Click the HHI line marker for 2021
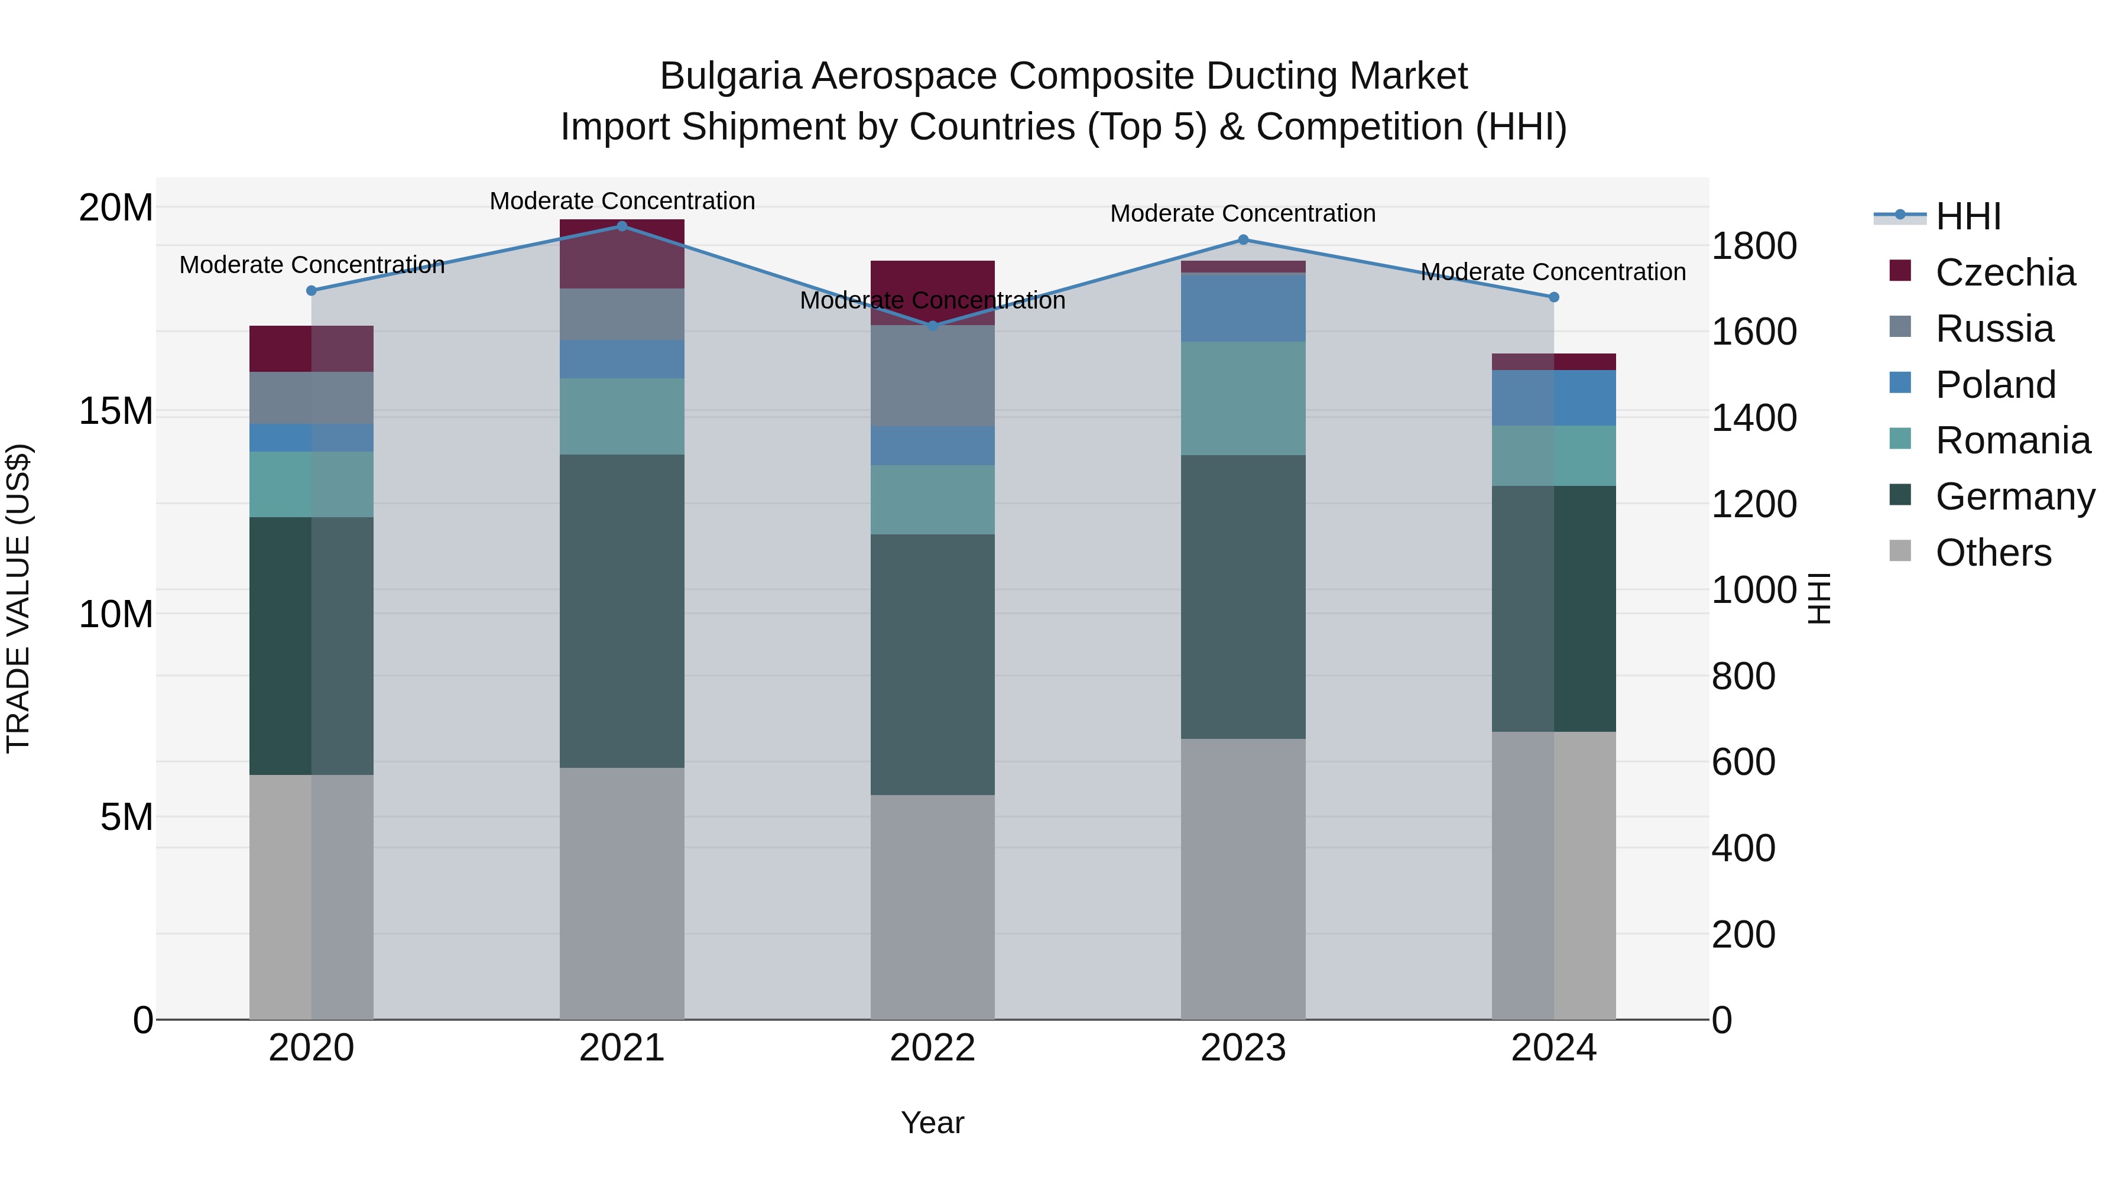point(622,226)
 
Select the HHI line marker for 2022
point(933,326)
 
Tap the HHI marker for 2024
point(1554,297)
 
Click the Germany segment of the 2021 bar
point(622,611)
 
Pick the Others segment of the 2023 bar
point(1243,879)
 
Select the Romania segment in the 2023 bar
point(1243,398)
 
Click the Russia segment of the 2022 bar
point(933,376)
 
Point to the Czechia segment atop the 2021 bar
point(622,254)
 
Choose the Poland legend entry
point(1995,385)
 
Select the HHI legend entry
point(1968,216)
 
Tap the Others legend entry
point(1993,553)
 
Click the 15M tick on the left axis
point(116,411)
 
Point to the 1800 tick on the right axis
point(1753,246)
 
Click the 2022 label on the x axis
point(933,1048)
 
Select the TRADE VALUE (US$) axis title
point(18,598)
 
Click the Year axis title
point(933,1123)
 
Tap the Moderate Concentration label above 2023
point(1243,213)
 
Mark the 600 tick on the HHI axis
point(1743,762)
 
